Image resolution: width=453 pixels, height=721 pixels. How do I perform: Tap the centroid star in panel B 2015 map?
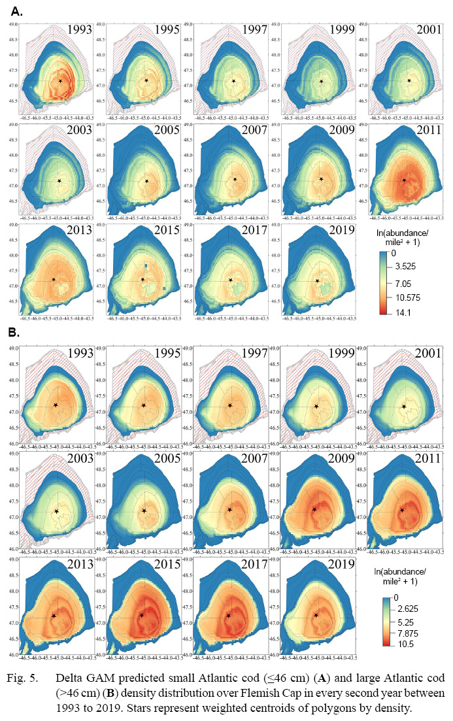coord(142,615)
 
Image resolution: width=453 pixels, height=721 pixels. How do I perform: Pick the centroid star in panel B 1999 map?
coord(316,407)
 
